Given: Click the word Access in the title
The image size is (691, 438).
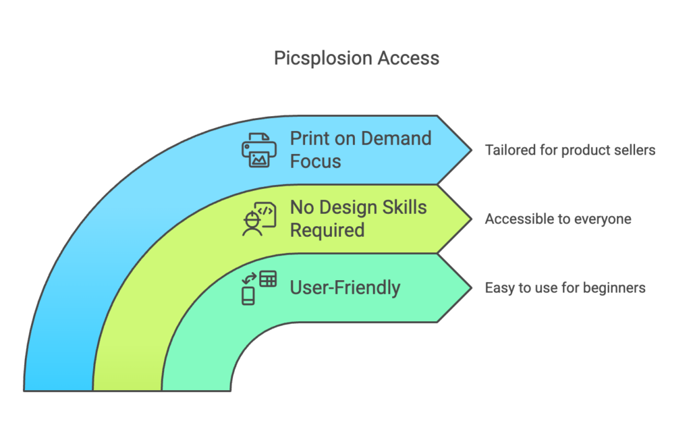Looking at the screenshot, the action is [x=408, y=58].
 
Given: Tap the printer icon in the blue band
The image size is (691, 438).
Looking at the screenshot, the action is [x=259, y=150].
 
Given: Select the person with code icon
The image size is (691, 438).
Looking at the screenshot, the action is [x=259, y=219].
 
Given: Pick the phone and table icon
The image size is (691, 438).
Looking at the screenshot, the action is [x=259, y=288].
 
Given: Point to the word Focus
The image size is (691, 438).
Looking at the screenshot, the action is [x=316, y=161].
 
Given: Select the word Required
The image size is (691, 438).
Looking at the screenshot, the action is [x=327, y=230].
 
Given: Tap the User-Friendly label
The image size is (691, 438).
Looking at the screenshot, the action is [x=345, y=288].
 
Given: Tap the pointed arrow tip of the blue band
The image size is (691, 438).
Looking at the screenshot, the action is [x=472, y=150].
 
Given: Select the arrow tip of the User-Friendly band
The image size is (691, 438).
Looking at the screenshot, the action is [x=472, y=288].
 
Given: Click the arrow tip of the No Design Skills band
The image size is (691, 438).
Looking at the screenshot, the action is [x=472, y=219].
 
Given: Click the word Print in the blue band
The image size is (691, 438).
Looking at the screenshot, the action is [x=310, y=138].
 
